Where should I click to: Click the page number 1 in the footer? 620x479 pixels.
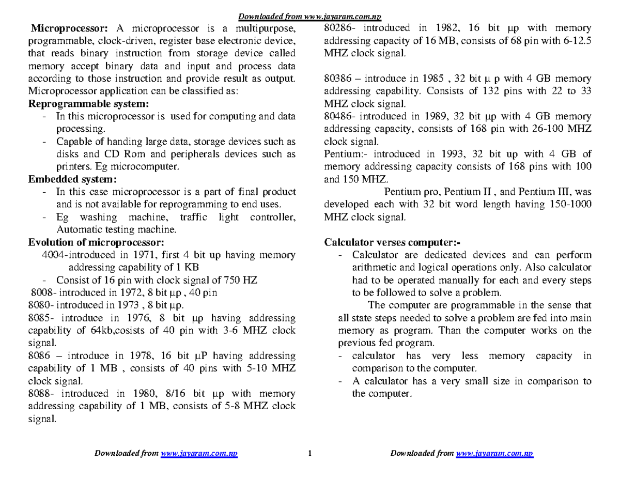(x=309, y=454)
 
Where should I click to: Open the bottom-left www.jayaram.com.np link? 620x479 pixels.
(x=199, y=454)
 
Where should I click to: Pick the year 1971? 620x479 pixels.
(x=143, y=255)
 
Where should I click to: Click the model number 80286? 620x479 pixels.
(x=337, y=28)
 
